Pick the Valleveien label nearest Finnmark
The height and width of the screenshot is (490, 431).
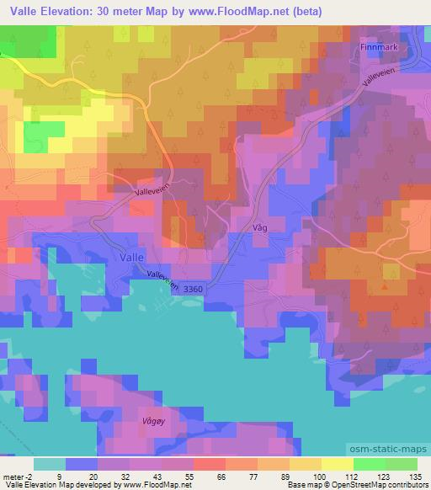click(376, 81)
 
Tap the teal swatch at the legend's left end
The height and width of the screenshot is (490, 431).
click(50, 463)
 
